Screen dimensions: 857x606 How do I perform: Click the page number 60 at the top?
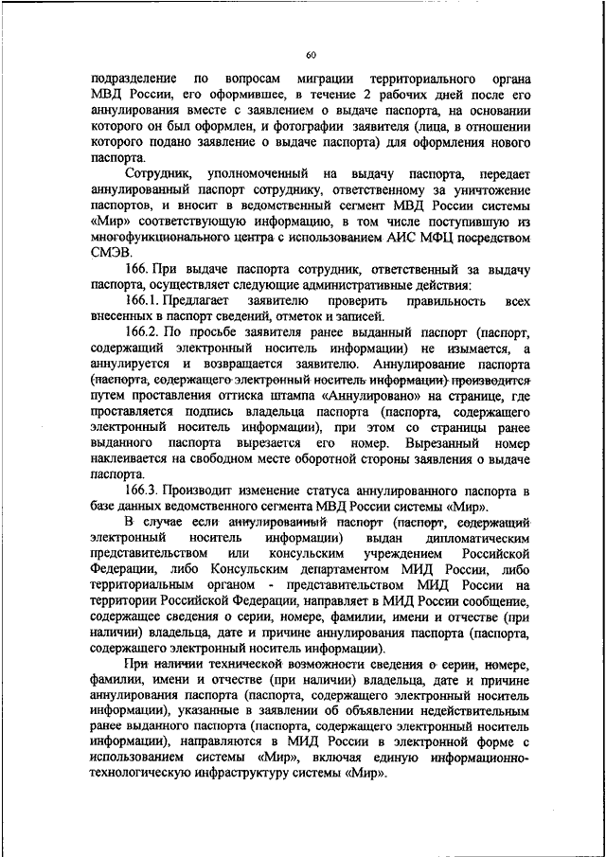pyautogui.click(x=312, y=54)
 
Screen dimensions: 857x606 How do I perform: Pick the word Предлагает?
pyautogui.click(x=217, y=298)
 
